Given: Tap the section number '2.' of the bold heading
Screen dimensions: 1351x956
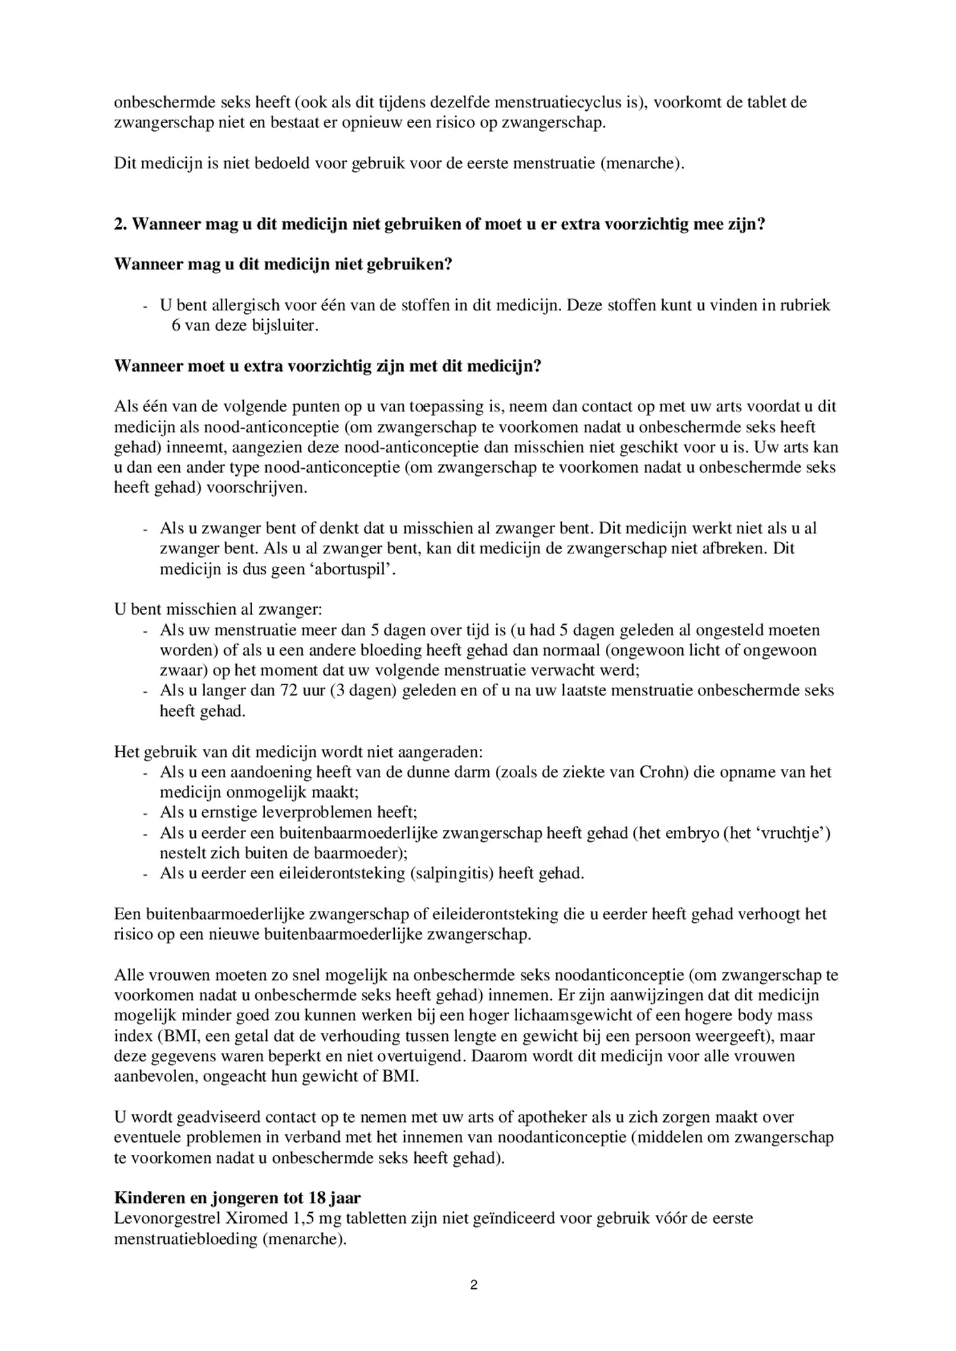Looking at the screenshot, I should pyautogui.click(x=120, y=225).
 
